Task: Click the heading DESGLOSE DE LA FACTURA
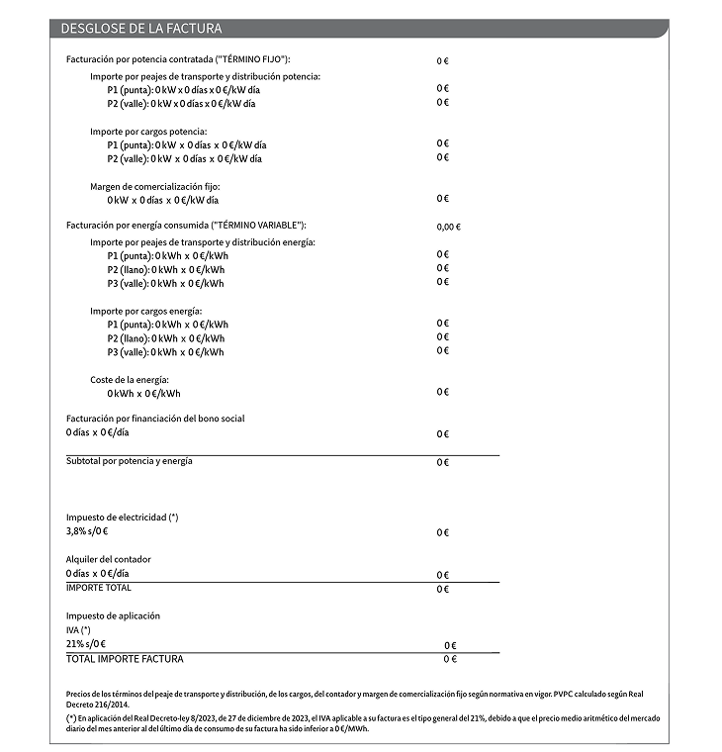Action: click(140, 29)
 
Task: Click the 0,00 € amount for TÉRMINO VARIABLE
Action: click(448, 227)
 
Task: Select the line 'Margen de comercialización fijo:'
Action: click(155, 186)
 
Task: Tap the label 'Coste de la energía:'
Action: click(130, 380)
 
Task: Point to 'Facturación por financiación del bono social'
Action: click(155, 419)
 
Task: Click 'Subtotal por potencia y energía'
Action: click(129, 461)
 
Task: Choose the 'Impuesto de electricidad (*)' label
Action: click(123, 517)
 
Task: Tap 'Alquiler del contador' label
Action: click(109, 559)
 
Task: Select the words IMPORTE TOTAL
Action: click(98, 588)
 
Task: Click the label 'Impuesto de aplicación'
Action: click(113, 616)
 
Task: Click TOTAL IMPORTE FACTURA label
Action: click(125, 659)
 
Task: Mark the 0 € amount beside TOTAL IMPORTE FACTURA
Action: click(449, 659)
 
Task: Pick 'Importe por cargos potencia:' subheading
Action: click(148, 131)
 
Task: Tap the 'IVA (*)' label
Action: click(78, 630)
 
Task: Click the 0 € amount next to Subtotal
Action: click(442, 463)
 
